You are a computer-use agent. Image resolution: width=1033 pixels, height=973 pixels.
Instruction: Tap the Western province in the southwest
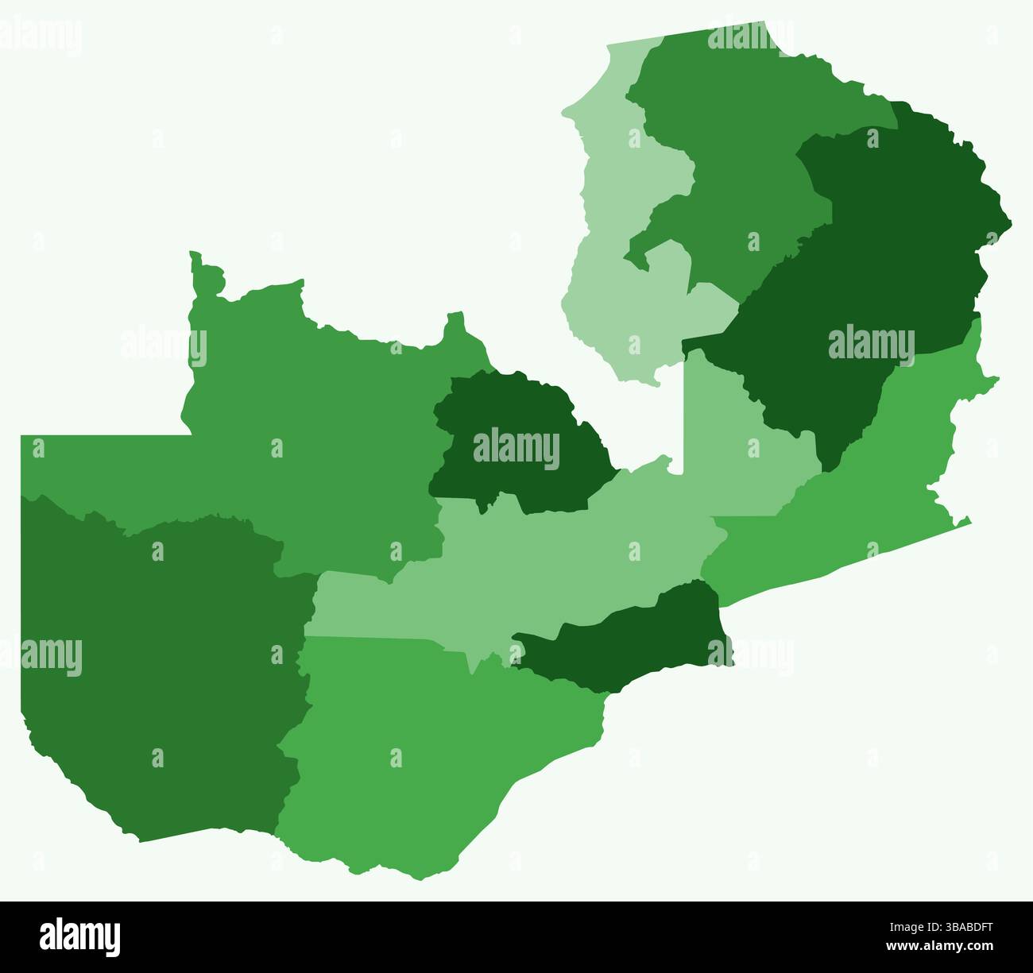[159, 675]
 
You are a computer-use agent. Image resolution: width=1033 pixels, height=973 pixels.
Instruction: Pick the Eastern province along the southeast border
[858, 492]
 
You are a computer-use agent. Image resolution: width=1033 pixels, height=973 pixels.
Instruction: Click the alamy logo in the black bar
[79, 936]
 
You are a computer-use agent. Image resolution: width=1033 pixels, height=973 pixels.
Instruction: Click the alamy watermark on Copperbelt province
[516, 449]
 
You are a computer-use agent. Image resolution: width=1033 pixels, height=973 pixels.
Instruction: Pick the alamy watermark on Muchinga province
[871, 343]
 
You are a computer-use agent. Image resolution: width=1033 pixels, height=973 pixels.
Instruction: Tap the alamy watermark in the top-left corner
[40, 36]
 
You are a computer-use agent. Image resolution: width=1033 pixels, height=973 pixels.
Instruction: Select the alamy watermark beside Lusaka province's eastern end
[751, 655]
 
